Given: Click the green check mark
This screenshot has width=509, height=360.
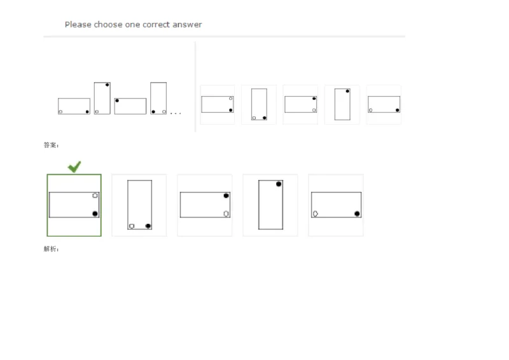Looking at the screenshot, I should click(74, 166).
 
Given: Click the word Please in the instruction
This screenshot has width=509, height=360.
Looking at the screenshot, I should click(78, 25).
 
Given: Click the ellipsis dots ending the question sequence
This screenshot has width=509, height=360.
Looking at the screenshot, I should click(176, 113).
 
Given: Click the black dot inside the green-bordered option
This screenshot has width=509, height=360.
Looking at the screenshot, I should click(95, 214).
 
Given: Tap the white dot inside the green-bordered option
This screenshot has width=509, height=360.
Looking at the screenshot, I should click(95, 195).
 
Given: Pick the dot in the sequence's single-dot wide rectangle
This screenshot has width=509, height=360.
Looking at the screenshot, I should click(117, 101).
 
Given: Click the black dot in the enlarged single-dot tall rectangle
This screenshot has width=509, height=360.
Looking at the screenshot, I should click(279, 184).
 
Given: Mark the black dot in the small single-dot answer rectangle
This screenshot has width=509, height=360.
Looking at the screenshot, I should click(347, 92).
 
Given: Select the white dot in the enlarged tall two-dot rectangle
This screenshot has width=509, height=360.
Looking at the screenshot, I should click(132, 226).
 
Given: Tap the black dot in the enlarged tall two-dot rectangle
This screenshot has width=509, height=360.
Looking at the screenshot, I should click(148, 226).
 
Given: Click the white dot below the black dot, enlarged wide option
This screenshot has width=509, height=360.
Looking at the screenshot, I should click(226, 214).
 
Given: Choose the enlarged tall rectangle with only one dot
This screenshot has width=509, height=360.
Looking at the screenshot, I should click(270, 205).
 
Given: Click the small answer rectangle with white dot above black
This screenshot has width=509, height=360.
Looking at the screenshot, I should click(218, 104).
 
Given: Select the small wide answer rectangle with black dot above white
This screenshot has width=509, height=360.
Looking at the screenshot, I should click(301, 104).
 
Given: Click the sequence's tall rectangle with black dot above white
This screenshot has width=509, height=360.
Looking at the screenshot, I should click(102, 98).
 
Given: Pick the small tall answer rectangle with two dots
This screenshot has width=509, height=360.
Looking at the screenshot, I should click(259, 104).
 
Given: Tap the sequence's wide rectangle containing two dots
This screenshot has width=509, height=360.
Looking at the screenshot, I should click(74, 106).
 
